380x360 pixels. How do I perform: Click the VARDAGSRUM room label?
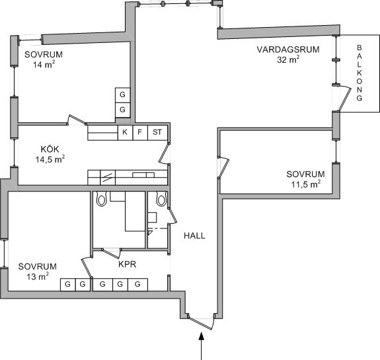point(288,50)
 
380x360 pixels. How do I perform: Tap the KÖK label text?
point(50,149)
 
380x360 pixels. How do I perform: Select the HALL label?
point(194,236)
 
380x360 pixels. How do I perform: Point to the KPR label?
point(127,264)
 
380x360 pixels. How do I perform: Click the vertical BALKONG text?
point(360,73)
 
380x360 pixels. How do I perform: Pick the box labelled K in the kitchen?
point(125,133)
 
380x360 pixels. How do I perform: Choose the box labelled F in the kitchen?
point(140,133)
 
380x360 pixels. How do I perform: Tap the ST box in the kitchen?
point(157,133)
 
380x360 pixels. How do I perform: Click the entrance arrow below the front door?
point(201,346)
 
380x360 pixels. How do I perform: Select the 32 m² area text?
point(288,59)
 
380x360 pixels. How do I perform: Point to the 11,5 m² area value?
point(305,184)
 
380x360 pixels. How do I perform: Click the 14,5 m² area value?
point(50,159)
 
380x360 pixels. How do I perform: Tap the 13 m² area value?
point(38,276)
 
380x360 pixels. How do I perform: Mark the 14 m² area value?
point(44,65)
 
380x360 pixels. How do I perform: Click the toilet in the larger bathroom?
point(101,199)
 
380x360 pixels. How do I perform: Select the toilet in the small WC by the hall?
point(161,199)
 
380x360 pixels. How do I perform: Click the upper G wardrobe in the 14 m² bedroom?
point(123,95)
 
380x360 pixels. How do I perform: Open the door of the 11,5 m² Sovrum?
point(223,168)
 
